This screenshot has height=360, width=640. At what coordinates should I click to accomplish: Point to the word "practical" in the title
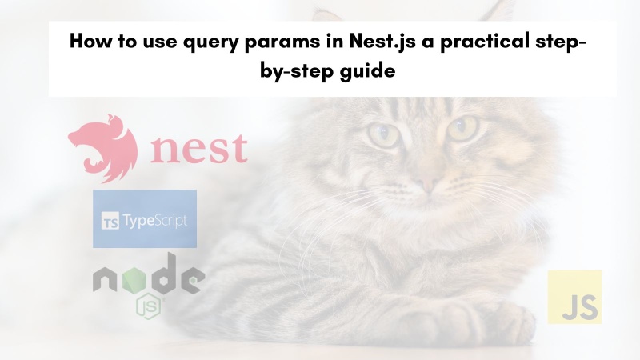click(x=480, y=42)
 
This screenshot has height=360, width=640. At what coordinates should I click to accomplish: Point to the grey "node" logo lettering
click(x=148, y=282)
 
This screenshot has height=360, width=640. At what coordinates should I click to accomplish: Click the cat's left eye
click(x=382, y=133)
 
